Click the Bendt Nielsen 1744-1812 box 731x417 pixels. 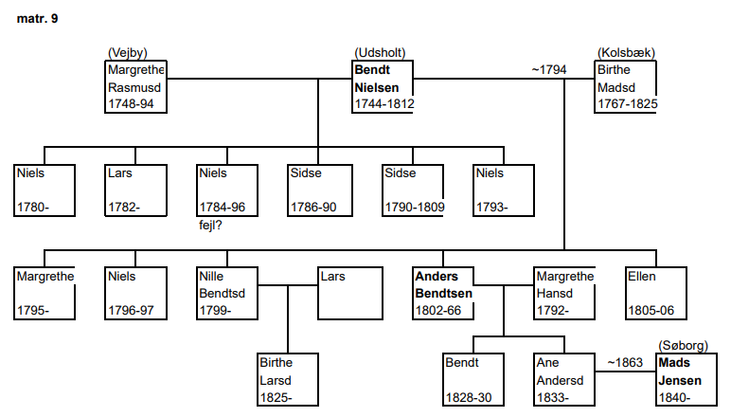pyautogui.click(x=383, y=87)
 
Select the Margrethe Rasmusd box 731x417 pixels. pyautogui.click(x=135, y=87)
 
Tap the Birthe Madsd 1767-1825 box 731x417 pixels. pyautogui.click(x=626, y=87)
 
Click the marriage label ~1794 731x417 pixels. pyautogui.click(x=549, y=69)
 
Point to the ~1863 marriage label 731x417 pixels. pyautogui.click(x=626, y=361)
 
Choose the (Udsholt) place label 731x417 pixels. pyautogui.click(x=382, y=53)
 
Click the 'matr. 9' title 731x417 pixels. pyautogui.click(x=37, y=18)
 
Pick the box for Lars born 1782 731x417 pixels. pyautogui.click(x=135, y=190)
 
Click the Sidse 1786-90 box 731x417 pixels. pyautogui.click(x=319, y=190)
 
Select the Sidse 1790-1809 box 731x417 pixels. pyautogui.click(x=414, y=190)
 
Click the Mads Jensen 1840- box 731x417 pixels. pyautogui.click(x=686, y=379)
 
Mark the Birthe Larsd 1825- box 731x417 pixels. pyautogui.click(x=288, y=379)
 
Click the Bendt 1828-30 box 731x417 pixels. pyautogui.click(x=472, y=379)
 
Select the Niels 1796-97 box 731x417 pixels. pyautogui.click(x=135, y=293)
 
